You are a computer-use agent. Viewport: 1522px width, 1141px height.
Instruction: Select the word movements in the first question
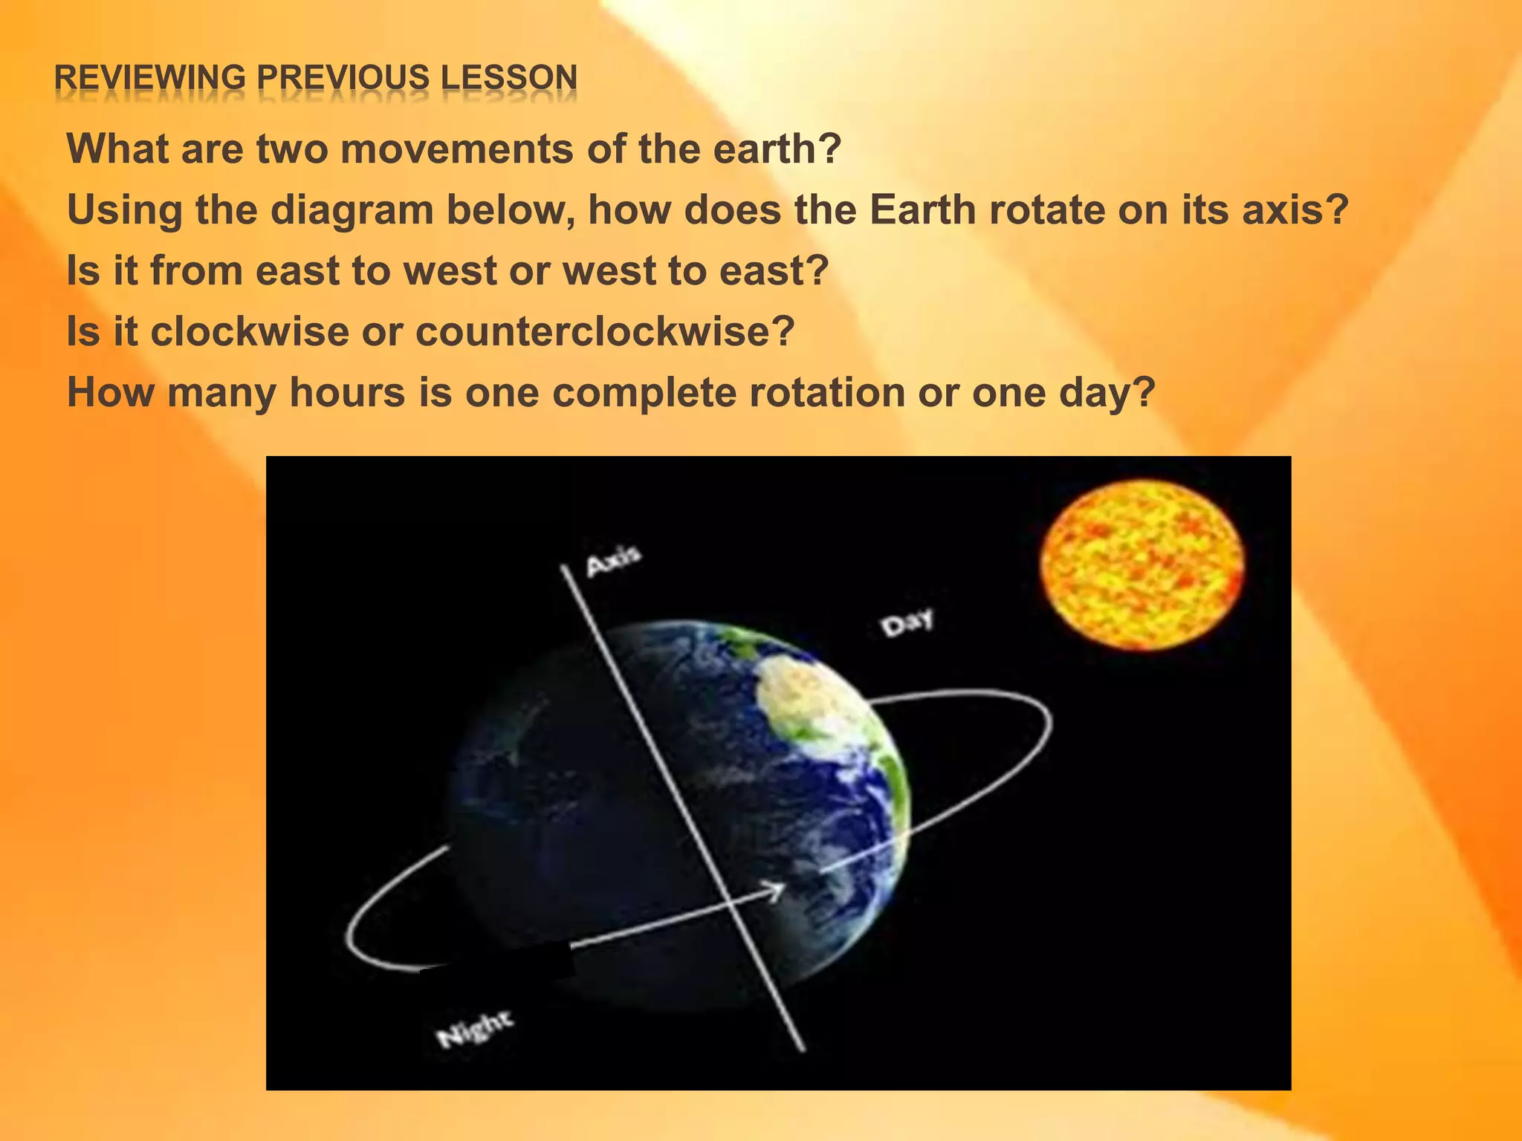coord(457,149)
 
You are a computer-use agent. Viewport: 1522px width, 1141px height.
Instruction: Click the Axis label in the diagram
coord(613,561)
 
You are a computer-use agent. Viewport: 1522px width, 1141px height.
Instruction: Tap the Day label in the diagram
coord(907,622)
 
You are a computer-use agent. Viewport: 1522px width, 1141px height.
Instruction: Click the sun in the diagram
coord(1141,565)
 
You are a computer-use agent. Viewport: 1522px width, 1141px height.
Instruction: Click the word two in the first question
coord(291,149)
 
